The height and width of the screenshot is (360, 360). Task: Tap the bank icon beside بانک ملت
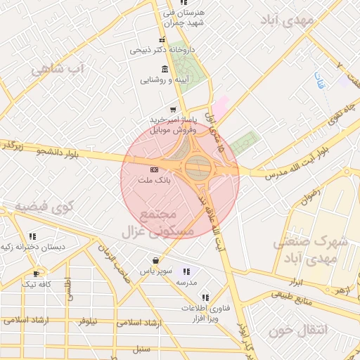tap(155, 170)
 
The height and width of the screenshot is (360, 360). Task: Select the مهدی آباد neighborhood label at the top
tap(285, 20)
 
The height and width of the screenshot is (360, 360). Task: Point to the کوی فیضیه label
tap(45, 208)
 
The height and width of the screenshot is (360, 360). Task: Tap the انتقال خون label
tap(308, 330)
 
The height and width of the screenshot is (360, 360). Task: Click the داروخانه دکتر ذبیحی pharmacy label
tap(157, 51)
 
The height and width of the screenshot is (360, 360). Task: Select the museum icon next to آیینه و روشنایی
tap(165, 69)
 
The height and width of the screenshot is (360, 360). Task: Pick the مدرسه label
tap(186, 282)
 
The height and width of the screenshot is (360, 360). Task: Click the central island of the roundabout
tap(199, 167)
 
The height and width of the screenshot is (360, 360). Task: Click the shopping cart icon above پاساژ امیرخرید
tap(173, 109)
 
